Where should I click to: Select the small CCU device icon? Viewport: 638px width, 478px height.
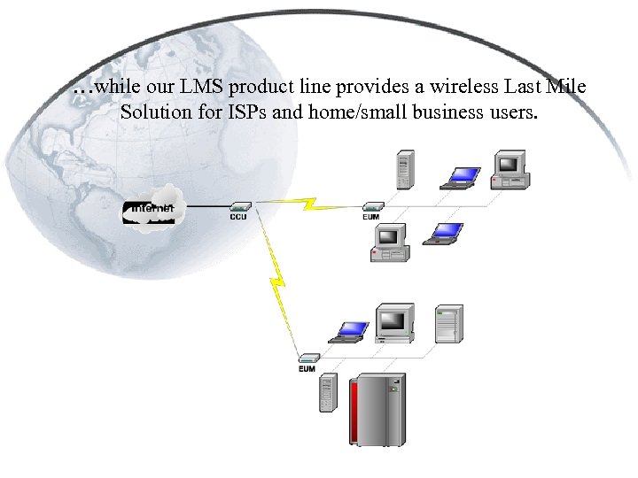click(239, 206)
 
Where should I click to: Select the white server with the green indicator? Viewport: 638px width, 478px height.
click(448, 324)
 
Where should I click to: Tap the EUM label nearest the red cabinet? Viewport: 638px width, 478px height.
click(307, 369)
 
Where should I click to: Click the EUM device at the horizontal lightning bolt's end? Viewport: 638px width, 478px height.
click(373, 206)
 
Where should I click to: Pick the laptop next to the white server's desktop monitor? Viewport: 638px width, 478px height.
click(350, 332)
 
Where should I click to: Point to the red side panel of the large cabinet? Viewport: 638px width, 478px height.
click(356, 412)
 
